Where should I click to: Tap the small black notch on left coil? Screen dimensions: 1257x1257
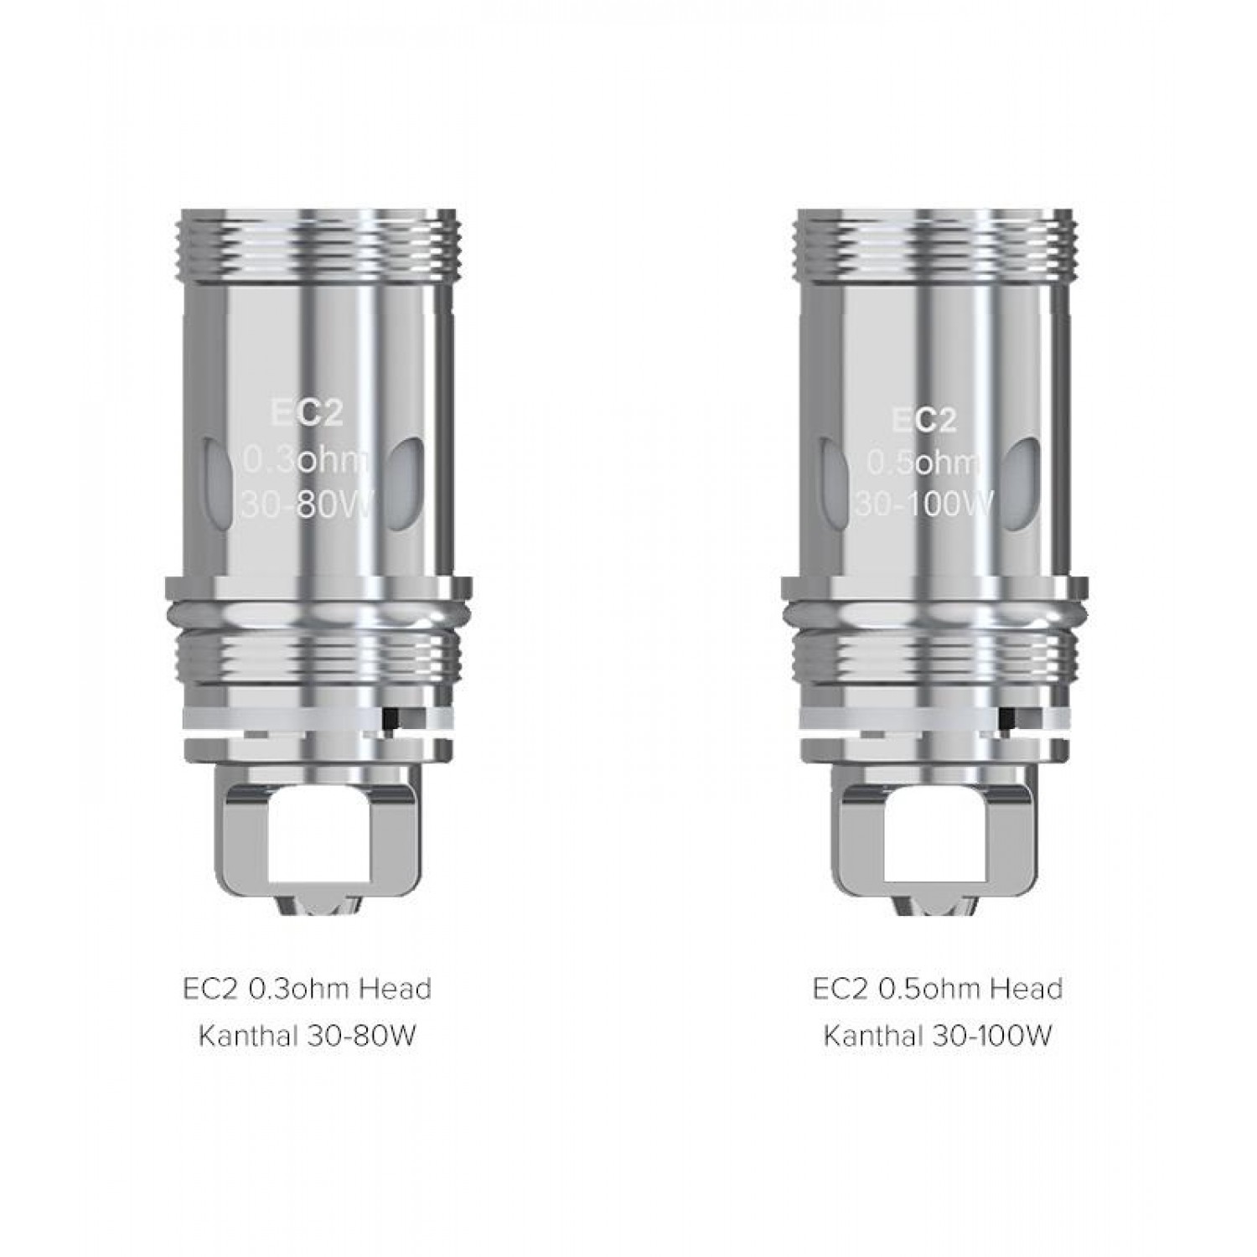(x=389, y=719)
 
